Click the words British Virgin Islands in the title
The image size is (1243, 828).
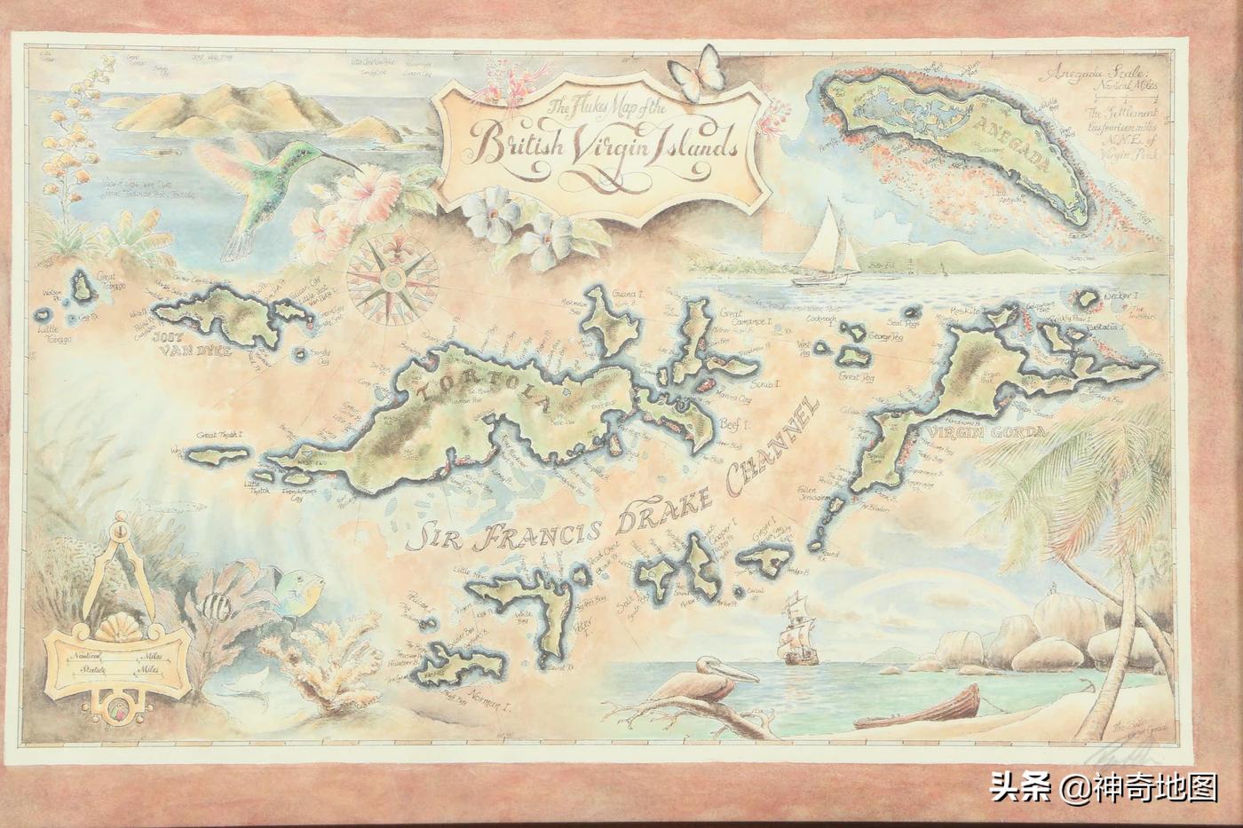point(607,143)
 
